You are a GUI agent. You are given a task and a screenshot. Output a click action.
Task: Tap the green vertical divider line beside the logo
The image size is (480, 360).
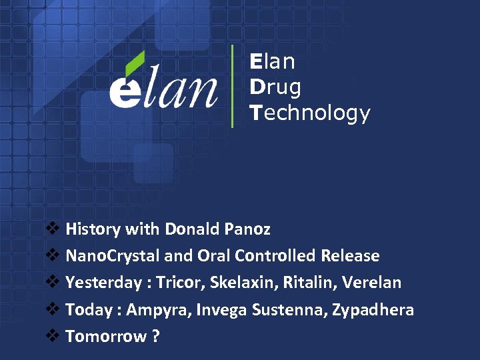232,86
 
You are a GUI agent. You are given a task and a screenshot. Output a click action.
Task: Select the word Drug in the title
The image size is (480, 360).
275,87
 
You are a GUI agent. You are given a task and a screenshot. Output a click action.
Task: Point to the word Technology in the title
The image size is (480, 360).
310,113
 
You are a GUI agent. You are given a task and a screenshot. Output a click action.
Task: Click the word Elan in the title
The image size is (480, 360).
273,62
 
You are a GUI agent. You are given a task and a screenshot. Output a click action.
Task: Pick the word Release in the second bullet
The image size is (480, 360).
350,256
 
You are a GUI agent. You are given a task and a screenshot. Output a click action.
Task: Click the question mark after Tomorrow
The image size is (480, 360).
155,336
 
